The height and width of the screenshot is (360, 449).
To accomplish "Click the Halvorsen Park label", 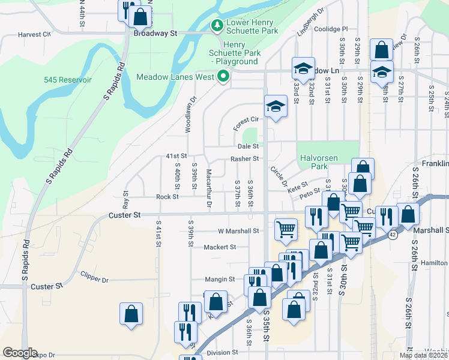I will (315, 161).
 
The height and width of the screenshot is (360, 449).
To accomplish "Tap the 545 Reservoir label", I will (67, 80).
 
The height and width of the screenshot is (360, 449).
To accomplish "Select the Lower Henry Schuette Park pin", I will (216, 26).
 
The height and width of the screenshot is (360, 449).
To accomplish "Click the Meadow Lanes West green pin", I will (223, 77).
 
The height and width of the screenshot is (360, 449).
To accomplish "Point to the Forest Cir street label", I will (246, 119).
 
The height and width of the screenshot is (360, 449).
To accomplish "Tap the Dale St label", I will (248, 146).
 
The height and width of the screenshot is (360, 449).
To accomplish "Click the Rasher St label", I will (244, 159).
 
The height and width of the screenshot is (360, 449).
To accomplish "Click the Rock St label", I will (167, 197).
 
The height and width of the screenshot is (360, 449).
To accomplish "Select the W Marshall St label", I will (238, 230).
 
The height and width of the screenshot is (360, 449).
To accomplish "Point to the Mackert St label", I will (220, 247).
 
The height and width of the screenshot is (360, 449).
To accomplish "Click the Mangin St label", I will (219, 279).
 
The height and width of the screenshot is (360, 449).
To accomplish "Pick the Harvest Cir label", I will (34, 34).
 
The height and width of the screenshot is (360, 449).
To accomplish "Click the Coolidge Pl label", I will (331, 29).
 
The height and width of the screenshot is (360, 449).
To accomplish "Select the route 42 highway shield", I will (392, 235).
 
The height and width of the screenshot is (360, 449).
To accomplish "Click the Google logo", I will (20, 352).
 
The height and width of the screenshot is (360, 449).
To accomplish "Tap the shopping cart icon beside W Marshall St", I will (286, 228).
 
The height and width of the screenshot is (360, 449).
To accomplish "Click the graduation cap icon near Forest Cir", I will (276, 106).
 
